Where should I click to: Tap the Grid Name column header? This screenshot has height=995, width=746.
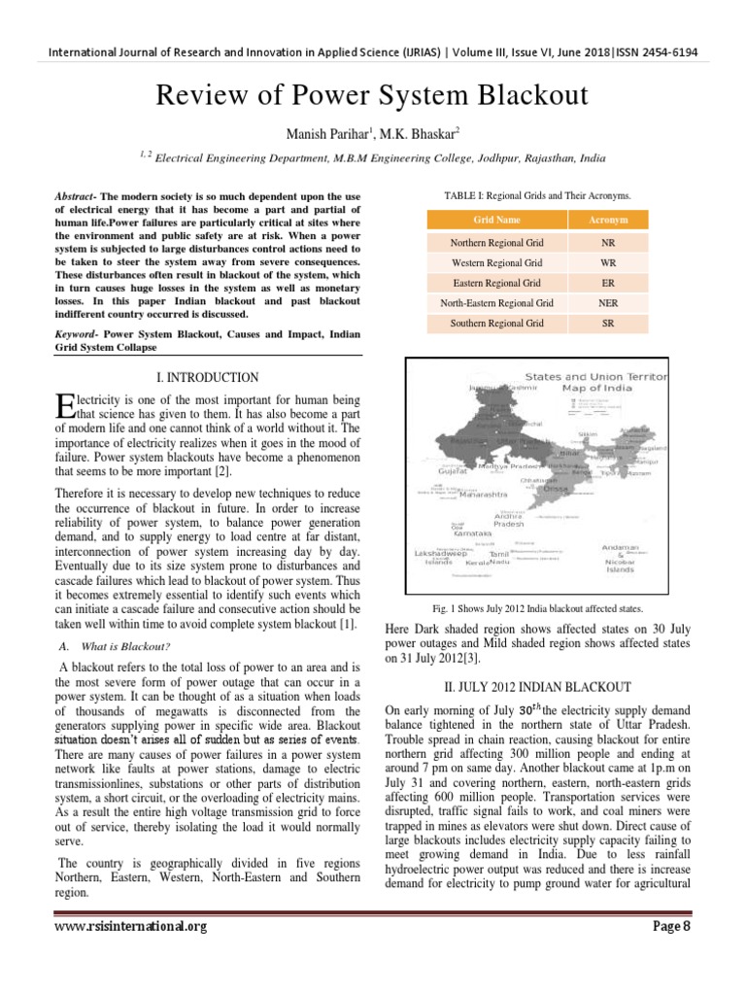tap(497, 221)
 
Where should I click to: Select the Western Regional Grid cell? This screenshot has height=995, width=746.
tap(497, 262)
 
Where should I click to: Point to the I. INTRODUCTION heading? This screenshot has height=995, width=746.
tap(208, 377)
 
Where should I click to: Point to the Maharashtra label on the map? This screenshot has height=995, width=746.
tap(476, 494)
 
